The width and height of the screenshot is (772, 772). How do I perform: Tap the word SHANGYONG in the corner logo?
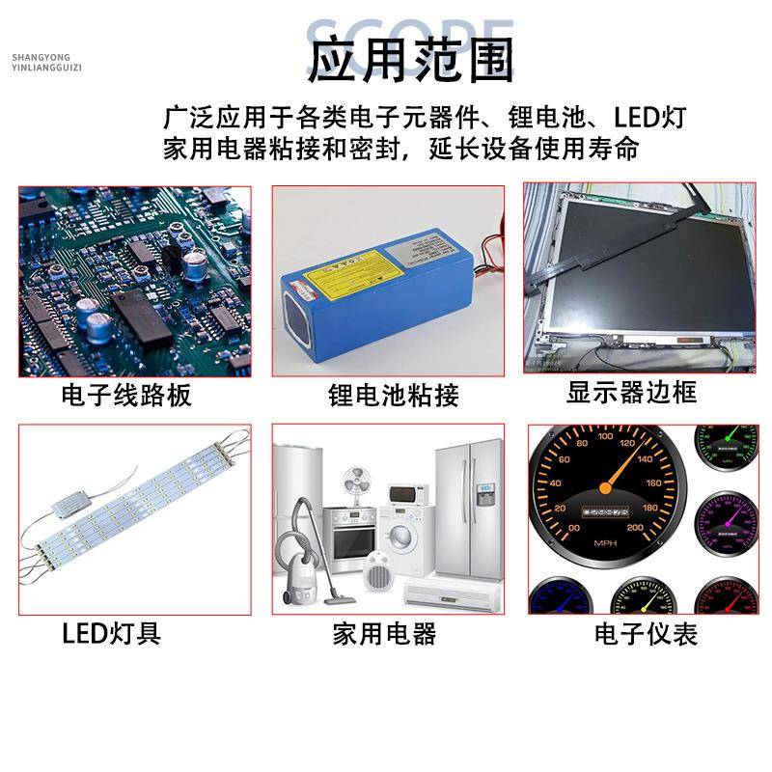pyautogui.click(x=47, y=57)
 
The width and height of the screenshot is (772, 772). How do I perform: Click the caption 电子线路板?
pyautogui.click(x=125, y=395)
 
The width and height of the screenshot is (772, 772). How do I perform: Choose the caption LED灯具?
pyautogui.click(x=111, y=634)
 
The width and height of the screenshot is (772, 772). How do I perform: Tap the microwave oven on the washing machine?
pyautogui.click(x=408, y=495)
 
